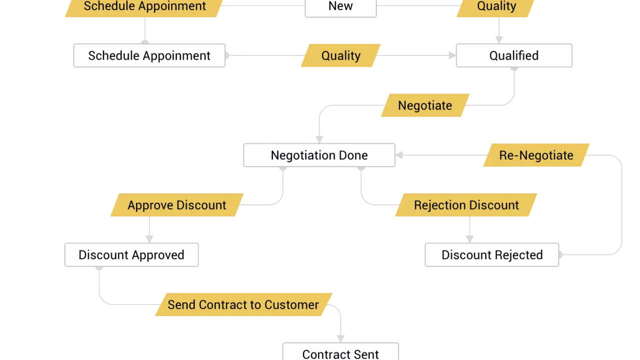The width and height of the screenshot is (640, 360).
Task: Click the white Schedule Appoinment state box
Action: tap(149, 55)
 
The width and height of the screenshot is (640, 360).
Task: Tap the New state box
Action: tap(340, 7)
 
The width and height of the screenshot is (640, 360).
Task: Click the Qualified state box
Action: tap(514, 55)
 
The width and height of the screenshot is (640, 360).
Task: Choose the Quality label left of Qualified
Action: tap(341, 55)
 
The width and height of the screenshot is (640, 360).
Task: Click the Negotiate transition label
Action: tap(425, 105)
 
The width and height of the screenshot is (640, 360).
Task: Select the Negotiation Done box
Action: tap(319, 155)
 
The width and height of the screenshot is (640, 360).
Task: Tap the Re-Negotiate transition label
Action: tap(536, 155)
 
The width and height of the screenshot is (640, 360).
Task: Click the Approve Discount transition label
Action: tap(177, 205)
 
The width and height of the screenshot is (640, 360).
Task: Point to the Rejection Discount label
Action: tap(466, 205)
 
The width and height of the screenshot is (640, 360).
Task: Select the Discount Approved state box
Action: tap(132, 255)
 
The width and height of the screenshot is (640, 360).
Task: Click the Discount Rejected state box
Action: tap(492, 255)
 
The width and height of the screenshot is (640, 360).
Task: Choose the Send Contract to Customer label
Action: tap(243, 304)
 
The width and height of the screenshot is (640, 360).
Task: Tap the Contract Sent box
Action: tap(340, 352)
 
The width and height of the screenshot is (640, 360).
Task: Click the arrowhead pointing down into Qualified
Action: tap(499, 39)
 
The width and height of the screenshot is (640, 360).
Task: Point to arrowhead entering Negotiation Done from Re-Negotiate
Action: tap(399, 155)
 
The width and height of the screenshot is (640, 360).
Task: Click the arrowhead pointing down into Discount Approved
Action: tap(149, 239)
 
